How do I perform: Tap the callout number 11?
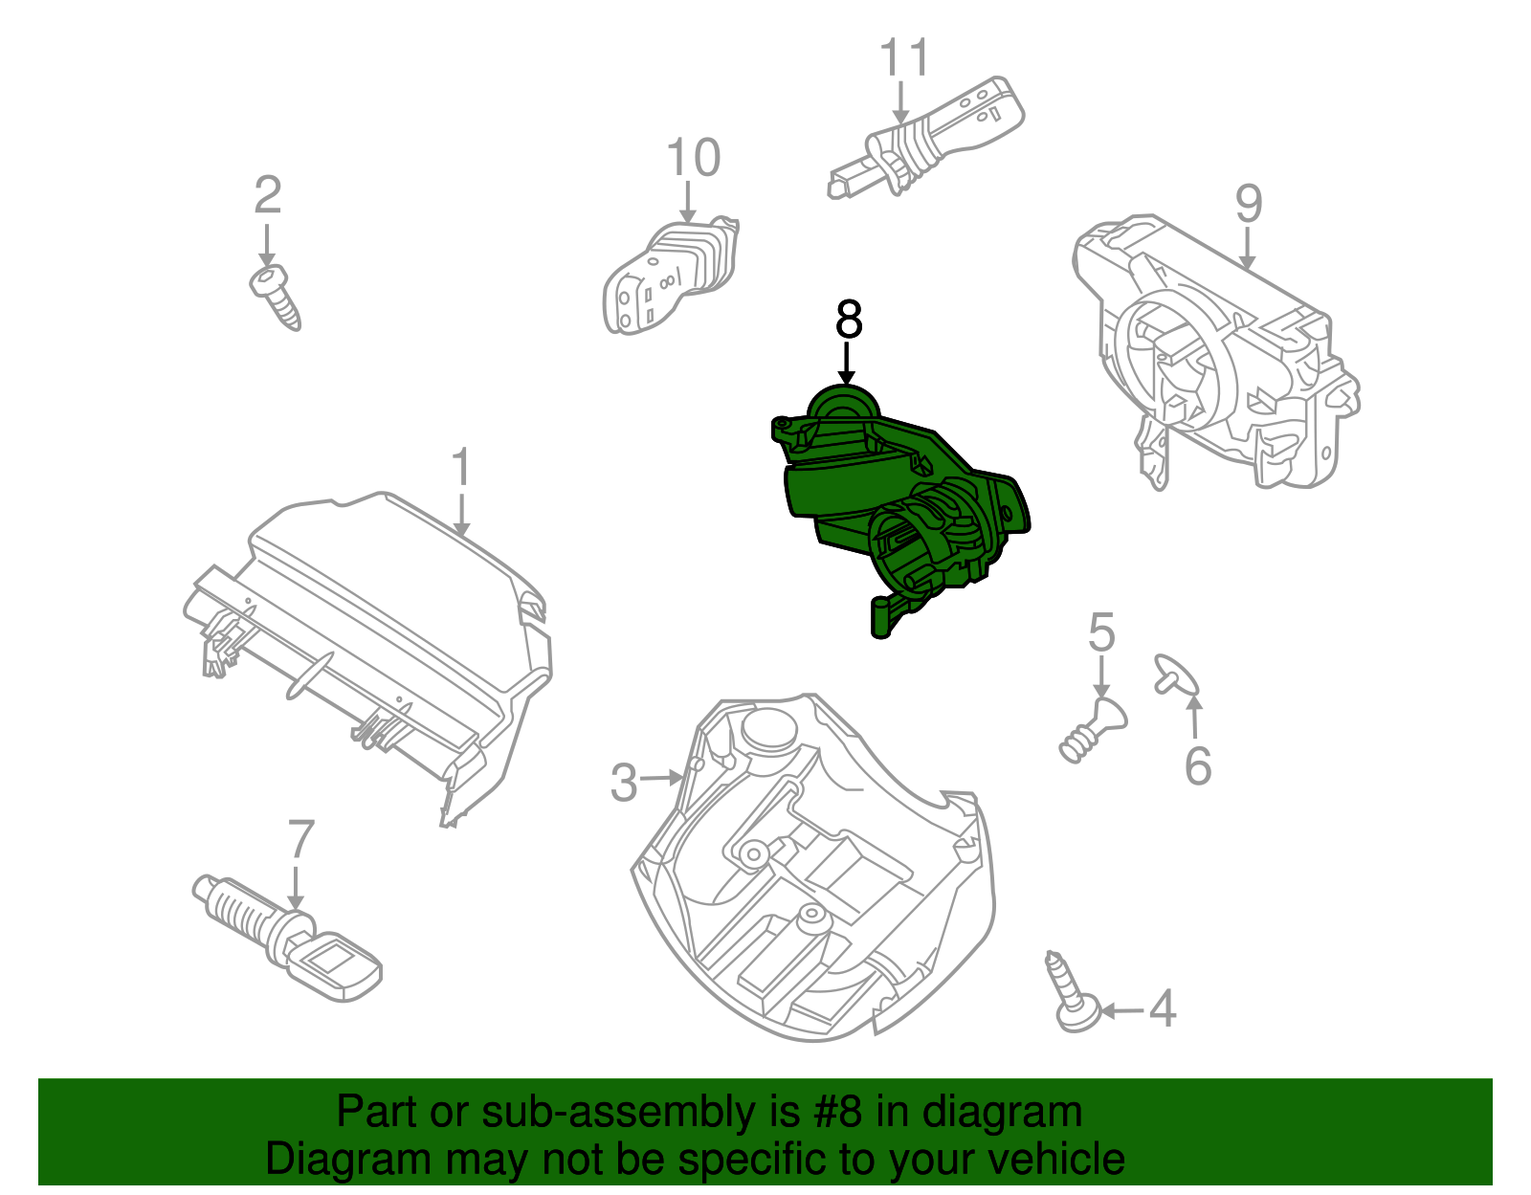(905, 56)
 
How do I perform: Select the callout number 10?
(694, 157)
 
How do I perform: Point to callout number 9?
(1249, 204)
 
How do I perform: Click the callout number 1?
(461, 466)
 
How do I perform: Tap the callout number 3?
(624, 783)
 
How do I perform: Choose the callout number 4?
(1163, 1008)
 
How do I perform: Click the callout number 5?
(1101, 631)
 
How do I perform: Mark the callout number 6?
(1198, 765)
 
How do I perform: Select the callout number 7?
(300, 839)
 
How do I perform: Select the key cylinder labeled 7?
(287, 938)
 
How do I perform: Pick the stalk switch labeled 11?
(926, 138)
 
